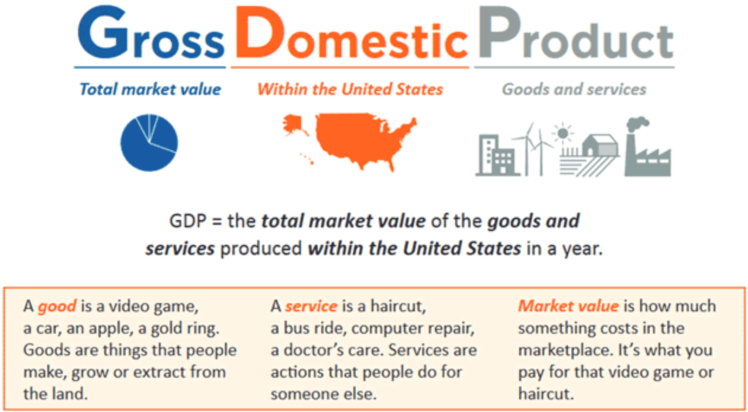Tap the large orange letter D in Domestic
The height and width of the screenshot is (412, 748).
click(x=260, y=32)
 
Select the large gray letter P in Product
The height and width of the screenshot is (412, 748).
click(x=499, y=32)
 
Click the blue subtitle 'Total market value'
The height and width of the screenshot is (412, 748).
click(x=151, y=89)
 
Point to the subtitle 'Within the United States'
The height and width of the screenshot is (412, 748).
click(x=350, y=89)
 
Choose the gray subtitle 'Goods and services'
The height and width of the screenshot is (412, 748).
click(x=574, y=89)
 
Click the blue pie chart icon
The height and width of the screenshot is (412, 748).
click(x=149, y=143)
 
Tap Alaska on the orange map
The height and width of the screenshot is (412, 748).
click(x=295, y=125)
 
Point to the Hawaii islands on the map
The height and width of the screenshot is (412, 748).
click(x=307, y=158)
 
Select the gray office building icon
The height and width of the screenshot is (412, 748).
click(x=497, y=154)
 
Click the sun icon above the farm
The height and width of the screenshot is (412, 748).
click(x=563, y=133)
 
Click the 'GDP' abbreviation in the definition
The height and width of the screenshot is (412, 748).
click(x=188, y=221)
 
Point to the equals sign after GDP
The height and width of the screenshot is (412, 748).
click(x=217, y=221)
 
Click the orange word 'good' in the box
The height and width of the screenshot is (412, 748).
click(x=57, y=307)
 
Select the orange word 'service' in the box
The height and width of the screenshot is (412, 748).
click(x=311, y=306)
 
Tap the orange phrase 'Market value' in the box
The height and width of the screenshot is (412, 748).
click(x=568, y=306)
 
